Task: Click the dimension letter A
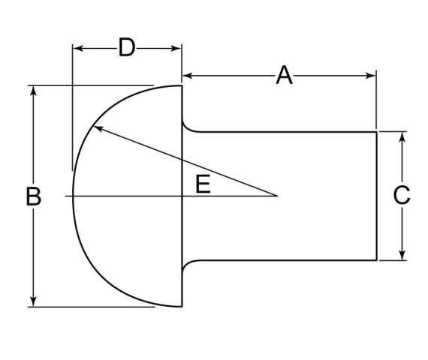[284, 75]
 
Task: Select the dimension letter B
[33, 196]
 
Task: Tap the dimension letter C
[402, 195]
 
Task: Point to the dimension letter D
[127, 47]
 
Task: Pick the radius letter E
[203, 184]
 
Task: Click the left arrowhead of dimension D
[78, 49]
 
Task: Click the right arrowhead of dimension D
[176, 49]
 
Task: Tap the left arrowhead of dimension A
[188, 76]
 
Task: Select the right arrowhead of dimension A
[371, 76]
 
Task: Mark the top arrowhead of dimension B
[33, 91]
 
